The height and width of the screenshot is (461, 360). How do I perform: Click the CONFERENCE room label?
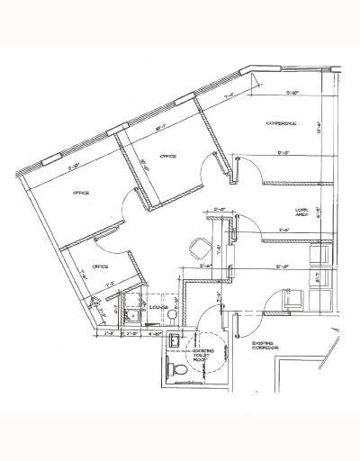281,123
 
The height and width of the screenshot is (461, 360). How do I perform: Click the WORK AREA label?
303,212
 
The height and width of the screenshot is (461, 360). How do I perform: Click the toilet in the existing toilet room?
179,371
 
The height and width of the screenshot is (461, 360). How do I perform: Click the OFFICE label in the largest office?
84,193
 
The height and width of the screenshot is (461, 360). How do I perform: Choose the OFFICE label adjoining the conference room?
168,157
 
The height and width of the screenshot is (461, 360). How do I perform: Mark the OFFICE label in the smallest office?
100,267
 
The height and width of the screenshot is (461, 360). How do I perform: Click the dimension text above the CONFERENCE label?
292,92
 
